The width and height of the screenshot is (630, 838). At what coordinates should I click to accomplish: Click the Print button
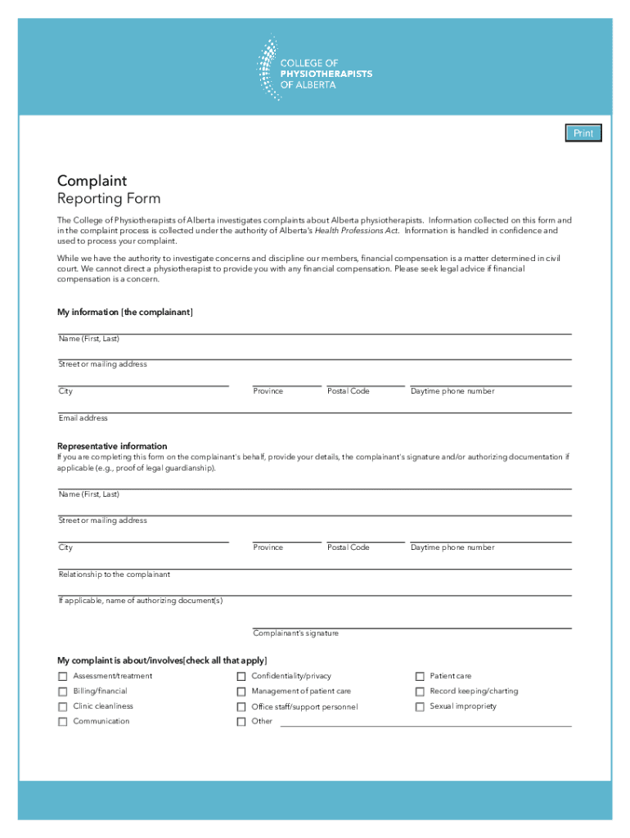click(583, 133)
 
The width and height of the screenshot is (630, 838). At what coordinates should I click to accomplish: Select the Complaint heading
click(92, 181)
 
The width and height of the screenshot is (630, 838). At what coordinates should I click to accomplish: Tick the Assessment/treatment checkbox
click(63, 677)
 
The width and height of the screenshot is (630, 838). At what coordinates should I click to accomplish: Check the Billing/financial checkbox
click(63, 692)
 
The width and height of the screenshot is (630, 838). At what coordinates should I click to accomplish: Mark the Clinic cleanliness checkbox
click(63, 707)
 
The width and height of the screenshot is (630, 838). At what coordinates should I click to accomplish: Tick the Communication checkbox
click(63, 722)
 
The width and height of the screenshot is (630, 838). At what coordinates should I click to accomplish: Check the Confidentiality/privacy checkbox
click(241, 677)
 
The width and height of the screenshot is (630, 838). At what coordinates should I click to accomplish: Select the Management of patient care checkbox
click(241, 692)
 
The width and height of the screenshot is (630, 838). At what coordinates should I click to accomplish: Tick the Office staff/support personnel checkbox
click(241, 707)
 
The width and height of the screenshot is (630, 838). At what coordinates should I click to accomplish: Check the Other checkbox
click(241, 722)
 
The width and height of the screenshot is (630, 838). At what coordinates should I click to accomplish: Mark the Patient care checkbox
click(420, 677)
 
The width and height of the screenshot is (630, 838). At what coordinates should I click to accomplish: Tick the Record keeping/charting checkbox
click(420, 692)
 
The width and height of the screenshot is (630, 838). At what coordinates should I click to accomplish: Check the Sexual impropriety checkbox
click(420, 707)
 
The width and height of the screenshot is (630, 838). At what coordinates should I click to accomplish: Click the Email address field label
click(83, 418)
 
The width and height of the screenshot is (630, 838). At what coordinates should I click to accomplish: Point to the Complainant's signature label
click(295, 633)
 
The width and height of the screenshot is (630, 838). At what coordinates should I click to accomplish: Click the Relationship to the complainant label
click(115, 574)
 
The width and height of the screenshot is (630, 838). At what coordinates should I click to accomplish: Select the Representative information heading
click(112, 446)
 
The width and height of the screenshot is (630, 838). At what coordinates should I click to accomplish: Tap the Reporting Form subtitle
click(109, 199)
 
